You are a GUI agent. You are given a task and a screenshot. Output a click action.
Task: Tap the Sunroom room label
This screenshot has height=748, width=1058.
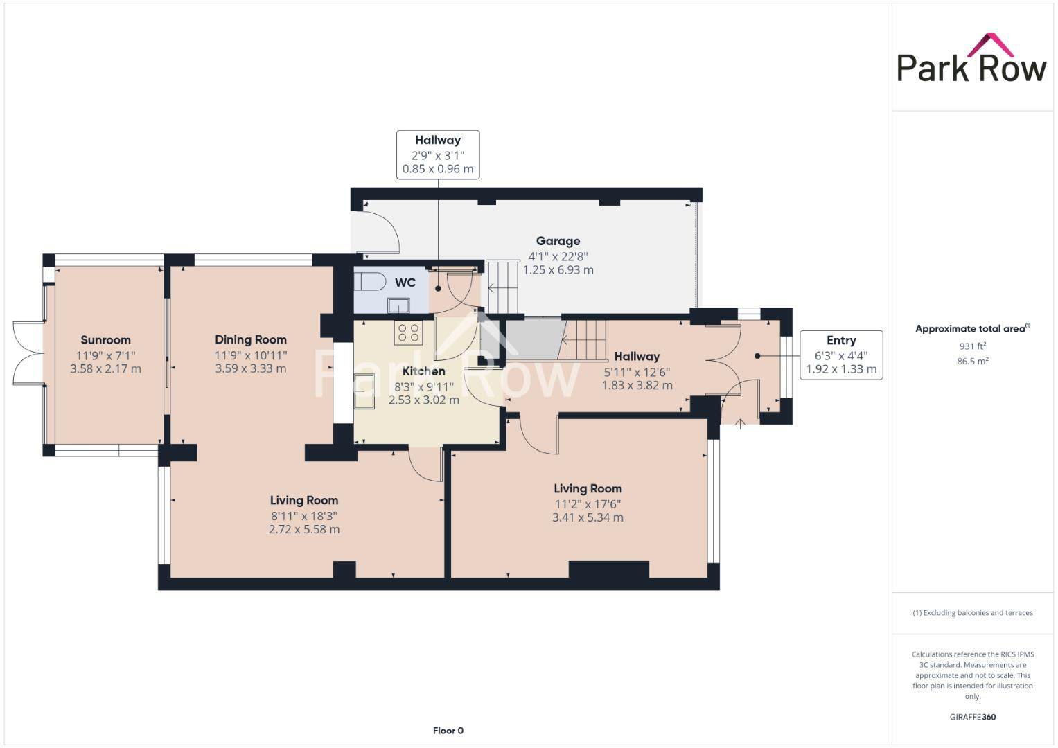click(105, 339)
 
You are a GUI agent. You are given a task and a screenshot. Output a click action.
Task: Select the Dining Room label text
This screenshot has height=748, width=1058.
click(250, 339)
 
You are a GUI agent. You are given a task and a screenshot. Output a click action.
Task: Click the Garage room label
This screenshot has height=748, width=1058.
click(558, 241)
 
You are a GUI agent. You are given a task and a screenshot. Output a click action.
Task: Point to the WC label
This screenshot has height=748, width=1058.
click(405, 283)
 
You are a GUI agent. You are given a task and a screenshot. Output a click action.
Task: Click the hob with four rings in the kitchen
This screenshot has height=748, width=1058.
click(408, 332)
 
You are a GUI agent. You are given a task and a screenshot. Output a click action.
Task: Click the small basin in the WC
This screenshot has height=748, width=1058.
click(398, 305)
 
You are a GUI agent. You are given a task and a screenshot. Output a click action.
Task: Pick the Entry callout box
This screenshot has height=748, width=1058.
click(841, 355)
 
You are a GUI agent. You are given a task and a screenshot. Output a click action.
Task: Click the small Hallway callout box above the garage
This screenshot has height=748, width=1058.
click(438, 154)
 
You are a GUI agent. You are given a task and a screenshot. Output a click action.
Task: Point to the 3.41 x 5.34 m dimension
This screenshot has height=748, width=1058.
click(588, 517)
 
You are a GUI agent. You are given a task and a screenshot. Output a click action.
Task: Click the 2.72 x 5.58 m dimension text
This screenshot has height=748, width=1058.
click(304, 529)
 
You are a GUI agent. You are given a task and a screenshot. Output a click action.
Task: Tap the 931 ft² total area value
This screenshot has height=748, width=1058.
click(972, 346)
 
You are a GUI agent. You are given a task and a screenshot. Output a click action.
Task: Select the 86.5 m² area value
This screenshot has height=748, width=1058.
click(972, 361)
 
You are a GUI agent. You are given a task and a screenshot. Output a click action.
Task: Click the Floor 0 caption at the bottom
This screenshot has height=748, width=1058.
click(448, 731)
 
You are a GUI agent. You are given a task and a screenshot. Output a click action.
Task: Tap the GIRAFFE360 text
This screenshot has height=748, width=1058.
click(972, 717)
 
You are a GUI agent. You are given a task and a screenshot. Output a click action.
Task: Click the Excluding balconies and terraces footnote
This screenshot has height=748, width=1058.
click(972, 613)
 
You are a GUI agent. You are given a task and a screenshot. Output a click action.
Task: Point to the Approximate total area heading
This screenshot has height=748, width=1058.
click(972, 329)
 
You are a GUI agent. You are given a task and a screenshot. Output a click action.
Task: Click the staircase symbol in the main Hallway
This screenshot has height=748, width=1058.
click(585, 340)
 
